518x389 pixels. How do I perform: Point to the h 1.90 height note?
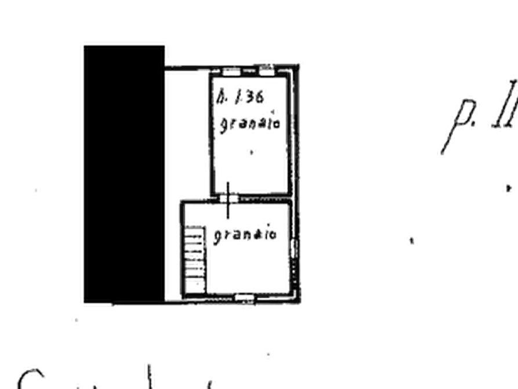(x=242, y=98)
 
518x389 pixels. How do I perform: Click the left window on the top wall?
(x=231, y=72)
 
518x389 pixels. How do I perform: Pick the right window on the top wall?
(x=266, y=71)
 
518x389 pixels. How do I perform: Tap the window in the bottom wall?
(x=246, y=300)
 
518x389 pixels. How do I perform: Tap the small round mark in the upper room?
(x=251, y=152)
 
